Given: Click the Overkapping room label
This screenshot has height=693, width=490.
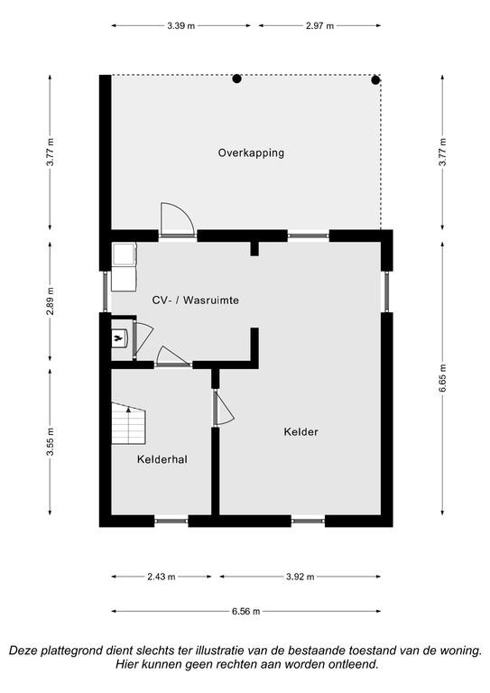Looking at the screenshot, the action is (x=251, y=153).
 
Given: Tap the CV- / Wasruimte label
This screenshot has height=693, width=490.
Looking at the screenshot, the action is (x=195, y=300).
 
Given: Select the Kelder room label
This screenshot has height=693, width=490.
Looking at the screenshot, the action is (x=300, y=432).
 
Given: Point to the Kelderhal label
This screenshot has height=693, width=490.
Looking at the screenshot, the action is (x=162, y=459).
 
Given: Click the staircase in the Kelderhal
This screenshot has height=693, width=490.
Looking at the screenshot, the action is (x=128, y=423).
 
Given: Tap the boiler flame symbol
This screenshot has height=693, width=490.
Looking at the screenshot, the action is (x=117, y=339).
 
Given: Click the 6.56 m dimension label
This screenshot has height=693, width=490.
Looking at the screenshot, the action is (x=245, y=612).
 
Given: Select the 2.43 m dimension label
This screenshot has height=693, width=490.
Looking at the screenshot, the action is (x=162, y=577).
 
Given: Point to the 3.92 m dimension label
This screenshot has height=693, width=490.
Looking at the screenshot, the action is (x=300, y=577).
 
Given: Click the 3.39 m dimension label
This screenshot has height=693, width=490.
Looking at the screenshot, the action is (x=180, y=25).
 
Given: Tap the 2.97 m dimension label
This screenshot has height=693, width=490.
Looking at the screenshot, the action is (x=319, y=25).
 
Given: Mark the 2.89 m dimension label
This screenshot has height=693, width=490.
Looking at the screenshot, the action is (x=51, y=301).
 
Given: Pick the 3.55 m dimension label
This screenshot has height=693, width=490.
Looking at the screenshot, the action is (x=51, y=442).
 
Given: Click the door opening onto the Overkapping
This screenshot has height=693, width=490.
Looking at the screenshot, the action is (x=177, y=219).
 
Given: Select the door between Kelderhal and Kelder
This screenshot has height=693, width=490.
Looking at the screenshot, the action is (x=223, y=408).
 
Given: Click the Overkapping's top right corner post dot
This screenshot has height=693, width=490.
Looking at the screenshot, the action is (x=375, y=80).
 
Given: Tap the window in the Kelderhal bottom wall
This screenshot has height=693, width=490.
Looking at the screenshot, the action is (x=171, y=521).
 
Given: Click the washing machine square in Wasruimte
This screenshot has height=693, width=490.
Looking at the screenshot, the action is (x=125, y=254).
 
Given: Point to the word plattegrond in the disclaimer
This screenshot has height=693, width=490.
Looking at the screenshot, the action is (x=72, y=651).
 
